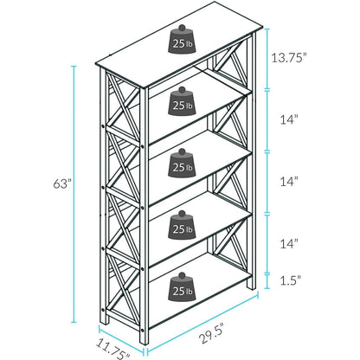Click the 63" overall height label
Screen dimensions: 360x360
(x=62, y=183)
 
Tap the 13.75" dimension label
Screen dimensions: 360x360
(x=288, y=58)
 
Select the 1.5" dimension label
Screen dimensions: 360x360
(x=291, y=280)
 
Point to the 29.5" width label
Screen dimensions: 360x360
(x=212, y=333)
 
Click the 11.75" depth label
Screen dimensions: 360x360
(x=113, y=349)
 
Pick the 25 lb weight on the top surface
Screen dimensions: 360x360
(x=182, y=39)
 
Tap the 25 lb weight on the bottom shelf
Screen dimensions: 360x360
(x=182, y=286)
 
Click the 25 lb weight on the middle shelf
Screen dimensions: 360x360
(x=182, y=163)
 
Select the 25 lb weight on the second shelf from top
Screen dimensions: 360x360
(x=182, y=101)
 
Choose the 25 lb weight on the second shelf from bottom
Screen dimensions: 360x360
(x=182, y=225)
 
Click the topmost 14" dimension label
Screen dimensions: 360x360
(x=289, y=119)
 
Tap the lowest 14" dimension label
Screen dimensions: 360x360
(x=289, y=244)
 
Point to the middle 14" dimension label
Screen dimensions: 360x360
(x=289, y=182)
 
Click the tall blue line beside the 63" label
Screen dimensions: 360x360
(x=74, y=195)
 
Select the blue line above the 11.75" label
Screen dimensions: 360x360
(x=121, y=339)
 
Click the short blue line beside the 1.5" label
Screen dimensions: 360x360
(x=267, y=280)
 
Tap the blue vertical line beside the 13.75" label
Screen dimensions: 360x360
(x=267, y=59)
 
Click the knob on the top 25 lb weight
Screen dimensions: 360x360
(x=182, y=28)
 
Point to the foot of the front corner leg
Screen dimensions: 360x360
(x=144, y=341)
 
